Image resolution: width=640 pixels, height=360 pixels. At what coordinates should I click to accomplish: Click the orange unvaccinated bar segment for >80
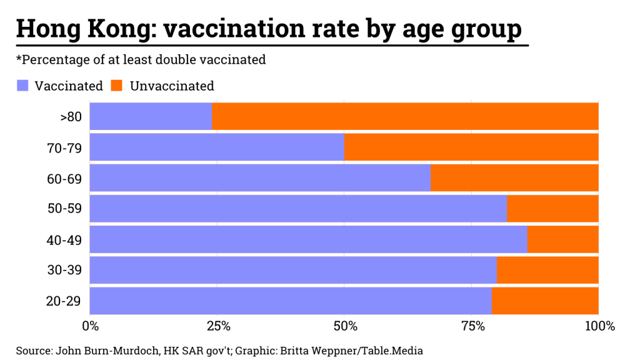(405, 116)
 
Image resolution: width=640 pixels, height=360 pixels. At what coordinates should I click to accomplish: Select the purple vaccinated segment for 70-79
(217, 147)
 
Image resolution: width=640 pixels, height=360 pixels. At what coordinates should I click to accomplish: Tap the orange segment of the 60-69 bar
(514, 177)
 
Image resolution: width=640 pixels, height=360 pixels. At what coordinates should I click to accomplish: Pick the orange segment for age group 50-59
(552, 208)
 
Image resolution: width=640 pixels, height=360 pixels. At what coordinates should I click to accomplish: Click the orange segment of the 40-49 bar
(562, 239)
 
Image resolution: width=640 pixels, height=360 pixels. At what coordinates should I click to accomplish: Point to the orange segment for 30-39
(547, 270)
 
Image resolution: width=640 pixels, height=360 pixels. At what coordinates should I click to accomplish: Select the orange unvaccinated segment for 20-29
(545, 301)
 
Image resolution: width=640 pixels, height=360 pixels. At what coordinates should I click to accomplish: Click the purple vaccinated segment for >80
(151, 116)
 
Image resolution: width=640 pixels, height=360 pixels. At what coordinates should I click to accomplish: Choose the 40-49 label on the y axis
(64, 239)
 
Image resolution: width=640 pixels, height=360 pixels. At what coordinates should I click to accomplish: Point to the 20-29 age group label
(64, 301)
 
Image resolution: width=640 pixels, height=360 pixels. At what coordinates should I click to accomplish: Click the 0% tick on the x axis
(91, 326)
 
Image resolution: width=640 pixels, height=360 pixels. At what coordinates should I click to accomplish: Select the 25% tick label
(217, 326)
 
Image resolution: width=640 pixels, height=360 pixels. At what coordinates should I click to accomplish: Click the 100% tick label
(599, 326)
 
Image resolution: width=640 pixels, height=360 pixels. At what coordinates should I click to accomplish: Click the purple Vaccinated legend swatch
(22, 86)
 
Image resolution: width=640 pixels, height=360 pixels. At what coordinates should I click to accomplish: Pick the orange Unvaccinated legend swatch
(117, 86)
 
